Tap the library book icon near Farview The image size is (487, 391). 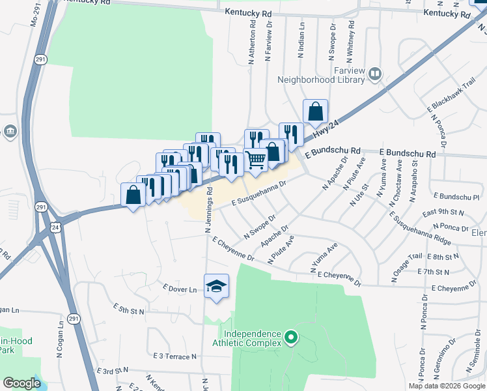[x=375, y=74]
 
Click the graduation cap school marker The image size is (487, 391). [x=217, y=286]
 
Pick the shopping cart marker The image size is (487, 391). [x=256, y=159]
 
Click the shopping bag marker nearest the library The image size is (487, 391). [x=315, y=111]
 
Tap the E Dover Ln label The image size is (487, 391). [x=180, y=288]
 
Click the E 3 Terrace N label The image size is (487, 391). [x=174, y=356]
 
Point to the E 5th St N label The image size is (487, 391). [x=128, y=309]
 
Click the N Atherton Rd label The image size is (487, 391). [x=251, y=40]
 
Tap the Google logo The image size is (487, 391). [x=22, y=383]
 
